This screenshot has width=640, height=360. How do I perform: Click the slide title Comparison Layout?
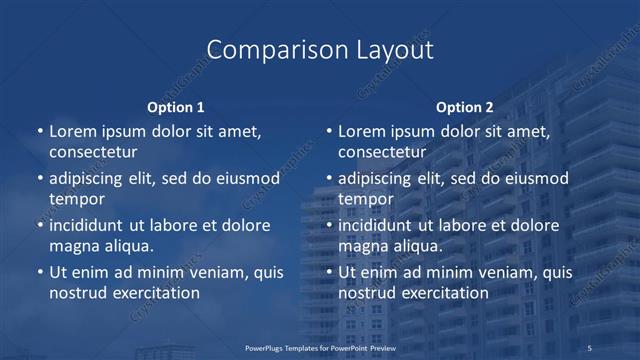[x=320, y=50]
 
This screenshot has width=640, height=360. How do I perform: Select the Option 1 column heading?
[x=176, y=107]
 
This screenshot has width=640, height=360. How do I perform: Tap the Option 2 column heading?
[x=465, y=107]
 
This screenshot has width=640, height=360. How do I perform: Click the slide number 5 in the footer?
[x=590, y=347]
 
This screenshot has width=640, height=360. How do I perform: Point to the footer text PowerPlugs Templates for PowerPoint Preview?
[x=320, y=347]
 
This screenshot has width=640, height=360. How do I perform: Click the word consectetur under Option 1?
[x=93, y=152]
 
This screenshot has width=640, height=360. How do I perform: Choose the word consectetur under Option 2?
[x=382, y=152]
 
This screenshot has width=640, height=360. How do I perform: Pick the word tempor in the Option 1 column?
[x=77, y=199]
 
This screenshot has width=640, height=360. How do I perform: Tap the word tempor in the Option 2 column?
[x=366, y=199]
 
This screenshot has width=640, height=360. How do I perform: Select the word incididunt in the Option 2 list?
[x=379, y=225]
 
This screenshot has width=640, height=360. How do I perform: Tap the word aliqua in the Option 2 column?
[x=418, y=246]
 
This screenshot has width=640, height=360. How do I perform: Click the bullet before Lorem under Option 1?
[x=40, y=131]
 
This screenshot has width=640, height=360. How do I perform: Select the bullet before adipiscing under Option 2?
[x=329, y=178]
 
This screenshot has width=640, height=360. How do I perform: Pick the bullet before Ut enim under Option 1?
[x=40, y=272]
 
